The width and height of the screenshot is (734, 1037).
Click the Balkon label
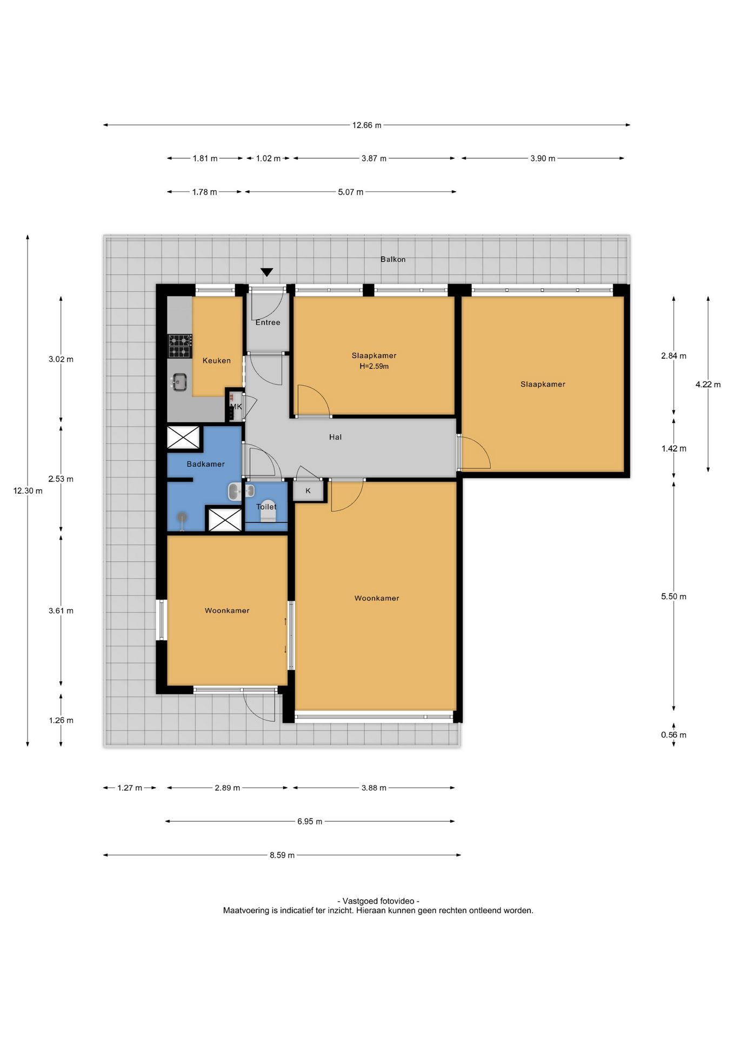pyautogui.click(x=393, y=259)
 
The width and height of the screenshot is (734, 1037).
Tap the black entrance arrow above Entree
pyautogui.click(x=266, y=272)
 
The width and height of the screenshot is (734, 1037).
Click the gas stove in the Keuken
pyautogui.click(x=180, y=346)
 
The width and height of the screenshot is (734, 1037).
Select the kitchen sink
pyautogui.click(x=179, y=382)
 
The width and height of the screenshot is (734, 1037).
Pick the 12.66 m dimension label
pyautogui.click(x=366, y=125)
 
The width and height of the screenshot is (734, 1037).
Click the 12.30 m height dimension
pyautogui.click(x=28, y=491)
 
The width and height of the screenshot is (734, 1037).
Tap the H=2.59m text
pyautogui.click(x=374, y=366)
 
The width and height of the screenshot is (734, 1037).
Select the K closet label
pyautogui.click(x=308, y=491)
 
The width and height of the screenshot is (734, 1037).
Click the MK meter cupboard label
pyautogui.click(x=236, y=407)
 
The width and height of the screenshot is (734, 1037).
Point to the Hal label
pyautogui.click(x=335, y=437)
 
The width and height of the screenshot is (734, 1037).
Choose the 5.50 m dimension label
pyautogui.click(x=673, y=597)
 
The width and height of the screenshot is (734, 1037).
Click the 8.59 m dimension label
pyautogui.click(x=282, y=856)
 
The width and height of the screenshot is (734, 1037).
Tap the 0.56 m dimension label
pyautogui.click(x=673, y=735)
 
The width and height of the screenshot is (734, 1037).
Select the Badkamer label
pyautogui.click(x=205, y=464)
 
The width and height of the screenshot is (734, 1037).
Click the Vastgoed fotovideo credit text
pyautogui.click(x=378, y=901)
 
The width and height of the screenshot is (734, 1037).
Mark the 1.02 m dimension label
pyautogui.click(x=268, y=159)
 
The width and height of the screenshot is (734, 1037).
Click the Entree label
pyautogui.click(x=268, y=322)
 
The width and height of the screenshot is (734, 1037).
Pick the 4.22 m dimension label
pyautogui.click(x=708, y=385)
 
